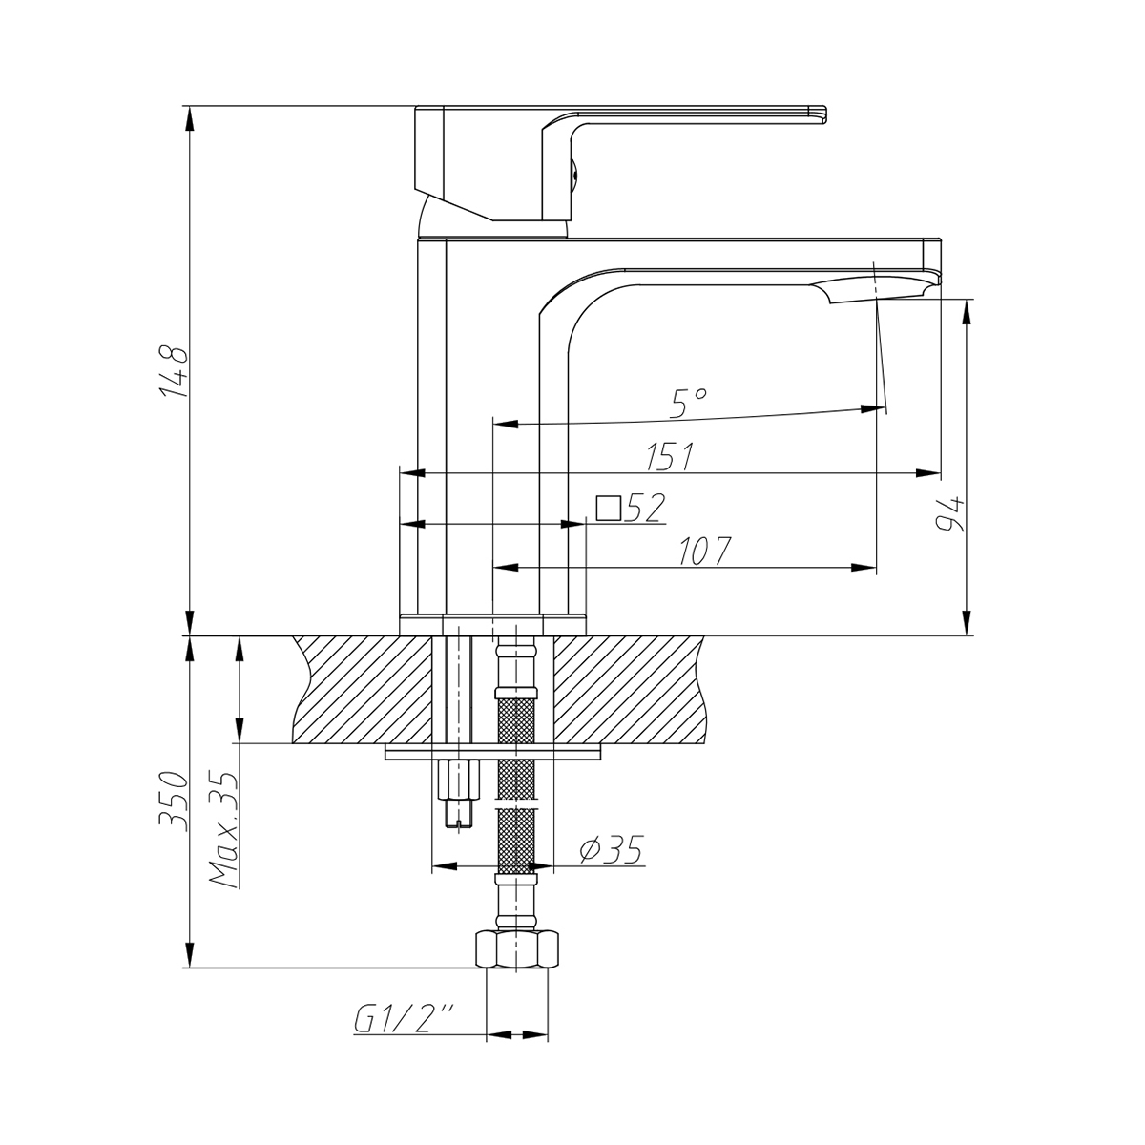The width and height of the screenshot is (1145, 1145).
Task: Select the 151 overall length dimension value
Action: click(670, 457)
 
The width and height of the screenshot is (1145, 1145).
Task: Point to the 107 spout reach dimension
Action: click(705, 552)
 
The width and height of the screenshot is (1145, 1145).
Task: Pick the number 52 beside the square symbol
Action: click(645, 509)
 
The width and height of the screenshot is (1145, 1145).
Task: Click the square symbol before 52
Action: click(608, 508)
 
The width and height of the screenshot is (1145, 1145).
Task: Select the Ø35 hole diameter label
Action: click(612, 848)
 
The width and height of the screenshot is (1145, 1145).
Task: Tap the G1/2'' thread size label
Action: click(404, 1021)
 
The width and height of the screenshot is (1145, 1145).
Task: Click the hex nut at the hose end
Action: click(520, 950)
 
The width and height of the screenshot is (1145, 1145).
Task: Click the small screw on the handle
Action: click(574, 173)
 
